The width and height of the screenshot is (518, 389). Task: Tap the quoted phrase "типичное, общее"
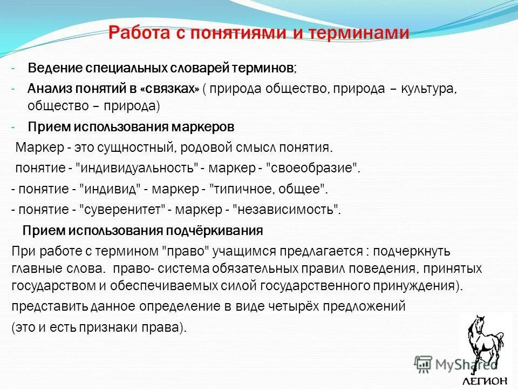click(268, 189)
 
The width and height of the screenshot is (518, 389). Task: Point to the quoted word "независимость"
click(285, 210)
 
